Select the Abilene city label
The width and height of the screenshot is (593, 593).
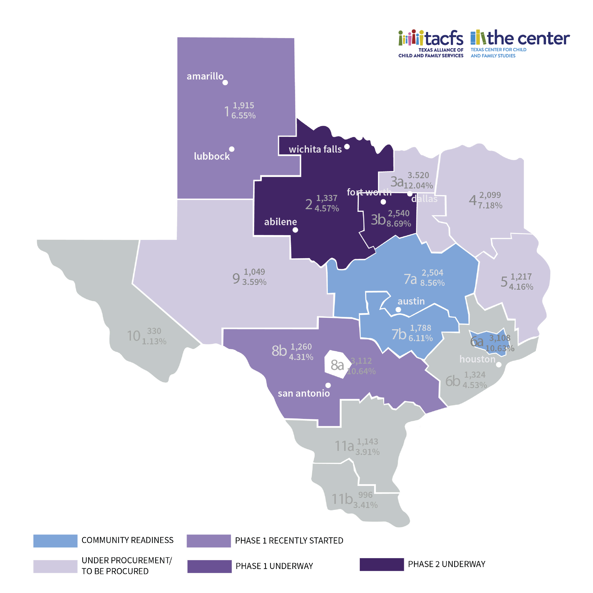point(280,222)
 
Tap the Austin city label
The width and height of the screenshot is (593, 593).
point(411,301)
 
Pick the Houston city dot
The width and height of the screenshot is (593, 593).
point(499,365)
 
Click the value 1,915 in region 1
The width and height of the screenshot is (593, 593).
point(243,105)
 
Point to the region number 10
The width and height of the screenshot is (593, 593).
point(134,336)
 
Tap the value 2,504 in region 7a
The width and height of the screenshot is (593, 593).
point(432,272)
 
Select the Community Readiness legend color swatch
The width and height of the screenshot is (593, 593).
point(55,541)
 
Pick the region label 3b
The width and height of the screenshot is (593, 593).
point(378,219)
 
